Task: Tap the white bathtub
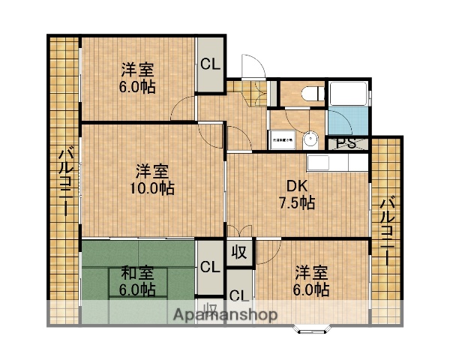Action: coord(347,94)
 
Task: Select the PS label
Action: coord(346,144)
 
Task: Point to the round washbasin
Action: coord(310,140)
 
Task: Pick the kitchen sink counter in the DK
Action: coord(336,163)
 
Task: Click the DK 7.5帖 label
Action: coord(297,194)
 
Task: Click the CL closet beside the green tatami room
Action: coord(209,265)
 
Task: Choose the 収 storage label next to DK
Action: coord(241,250)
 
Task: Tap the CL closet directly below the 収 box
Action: coord(239,294)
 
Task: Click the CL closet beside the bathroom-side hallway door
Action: coord(210,64)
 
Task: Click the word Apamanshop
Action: coord(225,314)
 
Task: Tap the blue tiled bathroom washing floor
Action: coord(347,121)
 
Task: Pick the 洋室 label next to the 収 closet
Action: coord(310,271)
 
